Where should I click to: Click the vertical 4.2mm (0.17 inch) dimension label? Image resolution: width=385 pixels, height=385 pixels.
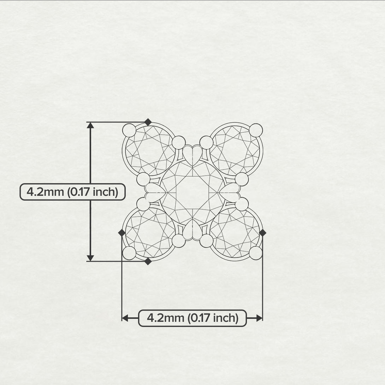click(72, 192)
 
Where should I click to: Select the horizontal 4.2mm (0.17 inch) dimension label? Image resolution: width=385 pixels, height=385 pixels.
click(192, 318)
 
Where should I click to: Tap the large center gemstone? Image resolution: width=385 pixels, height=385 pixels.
click(192, 192)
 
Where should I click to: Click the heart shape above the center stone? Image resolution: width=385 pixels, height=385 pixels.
click(192, 154)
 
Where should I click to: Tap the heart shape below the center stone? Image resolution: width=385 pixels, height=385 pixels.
click(192, 230)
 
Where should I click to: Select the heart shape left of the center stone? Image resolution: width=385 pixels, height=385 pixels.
click(154, 192)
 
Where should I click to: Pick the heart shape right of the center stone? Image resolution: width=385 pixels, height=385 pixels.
click(230, 192)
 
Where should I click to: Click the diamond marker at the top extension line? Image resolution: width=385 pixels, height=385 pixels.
click(148, 122)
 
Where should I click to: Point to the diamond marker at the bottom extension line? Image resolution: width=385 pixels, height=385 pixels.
click(148, 261)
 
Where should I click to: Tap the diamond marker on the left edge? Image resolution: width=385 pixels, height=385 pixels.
click(122, 233)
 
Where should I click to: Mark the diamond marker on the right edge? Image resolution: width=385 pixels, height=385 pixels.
click(262, 233)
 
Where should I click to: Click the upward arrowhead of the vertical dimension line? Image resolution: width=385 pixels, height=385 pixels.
click(90, 125)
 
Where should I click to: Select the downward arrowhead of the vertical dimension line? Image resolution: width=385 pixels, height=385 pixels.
click(90, 258)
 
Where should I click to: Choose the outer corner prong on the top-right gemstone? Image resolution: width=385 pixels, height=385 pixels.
click(256, 130)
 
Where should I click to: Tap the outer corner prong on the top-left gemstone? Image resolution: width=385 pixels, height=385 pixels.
click(129, 130)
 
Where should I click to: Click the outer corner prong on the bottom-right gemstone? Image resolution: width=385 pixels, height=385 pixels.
click(256, 253)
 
